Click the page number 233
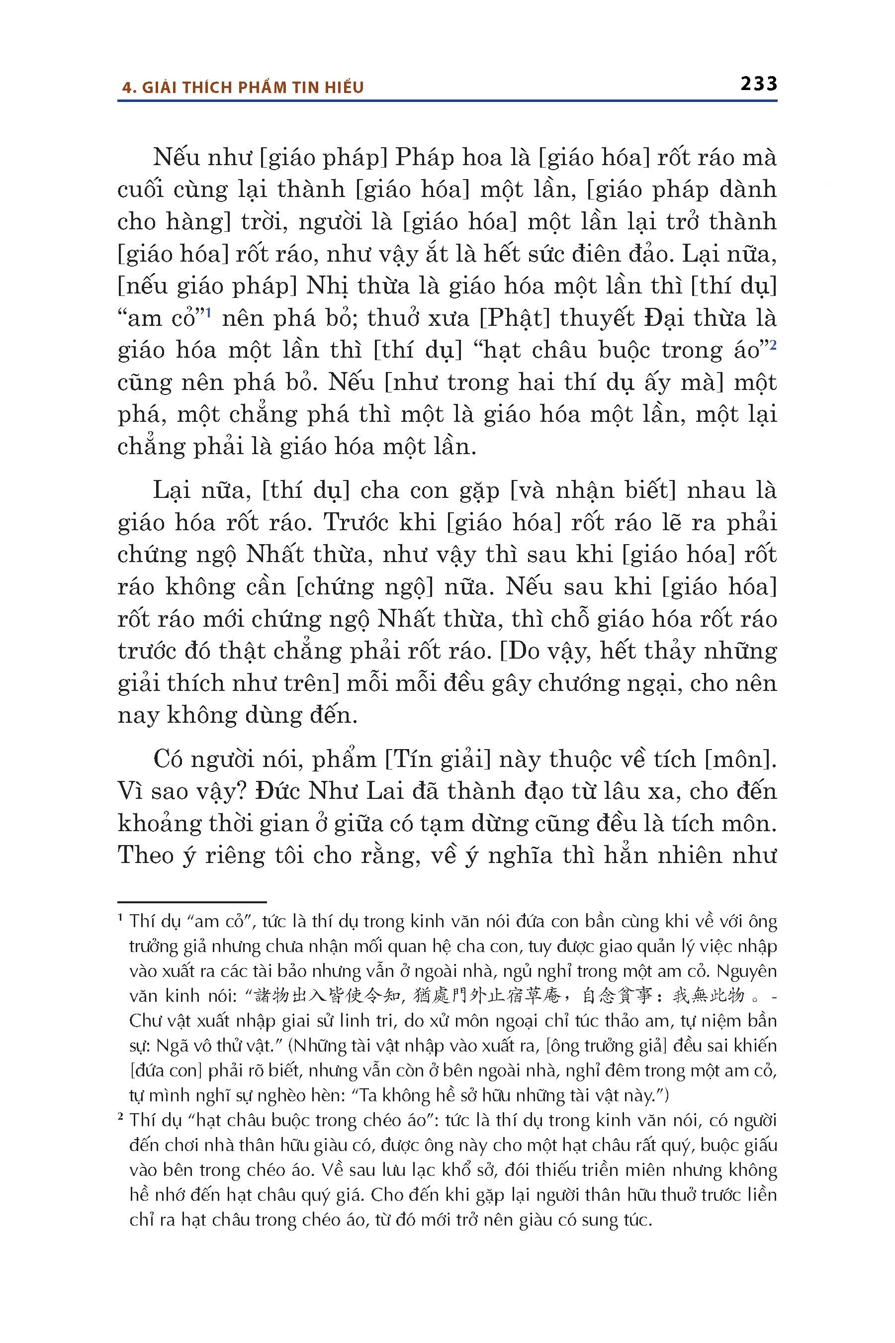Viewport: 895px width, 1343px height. point(759,84)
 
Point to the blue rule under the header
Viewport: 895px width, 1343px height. point(447,101)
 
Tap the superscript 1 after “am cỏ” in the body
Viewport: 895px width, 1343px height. point(208,312)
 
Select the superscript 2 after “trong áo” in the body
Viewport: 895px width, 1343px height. point(773,344)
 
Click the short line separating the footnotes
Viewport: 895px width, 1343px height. point(192,902)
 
